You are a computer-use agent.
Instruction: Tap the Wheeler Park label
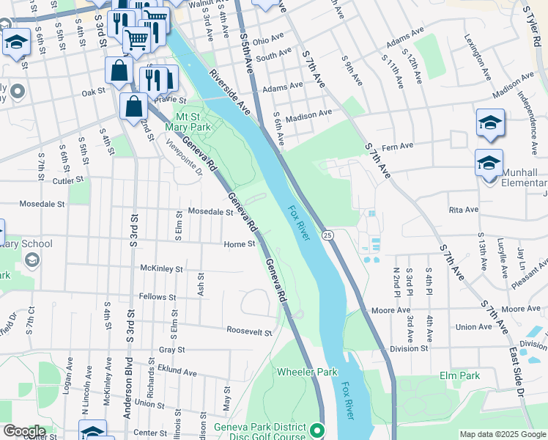point(307,372)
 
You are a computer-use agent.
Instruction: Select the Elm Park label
point(459,375)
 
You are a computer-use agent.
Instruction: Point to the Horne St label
point(240,244)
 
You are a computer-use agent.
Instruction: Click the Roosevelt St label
point(249,331)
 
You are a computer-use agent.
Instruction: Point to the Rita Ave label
point(463,209)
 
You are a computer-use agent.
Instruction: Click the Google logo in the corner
point(23,431)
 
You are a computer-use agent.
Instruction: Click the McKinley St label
point(161,269)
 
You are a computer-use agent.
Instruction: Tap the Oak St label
point(93,92)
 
